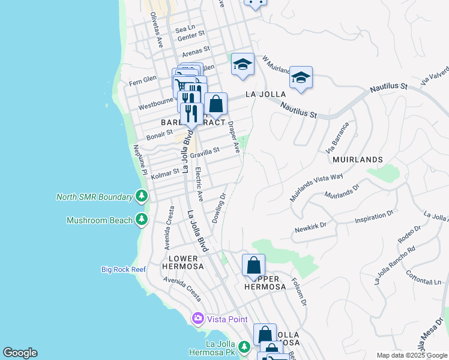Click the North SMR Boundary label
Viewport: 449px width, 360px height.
tap(94, 197)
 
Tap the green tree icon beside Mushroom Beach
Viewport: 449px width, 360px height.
tap(142, 220)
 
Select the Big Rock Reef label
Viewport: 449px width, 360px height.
tap(123, 269)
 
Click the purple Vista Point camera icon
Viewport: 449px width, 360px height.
tap(197, 318)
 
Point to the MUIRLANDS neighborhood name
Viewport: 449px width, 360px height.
tap(357, 160)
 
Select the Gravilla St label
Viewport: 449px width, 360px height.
tap(205, 154)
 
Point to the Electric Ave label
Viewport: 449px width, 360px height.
tap(199, 184)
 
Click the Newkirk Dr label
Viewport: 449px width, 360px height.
tap(309, 226)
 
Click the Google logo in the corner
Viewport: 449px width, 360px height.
tap(20, 353)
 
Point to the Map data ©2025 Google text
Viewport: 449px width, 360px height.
tap(412, 355)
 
